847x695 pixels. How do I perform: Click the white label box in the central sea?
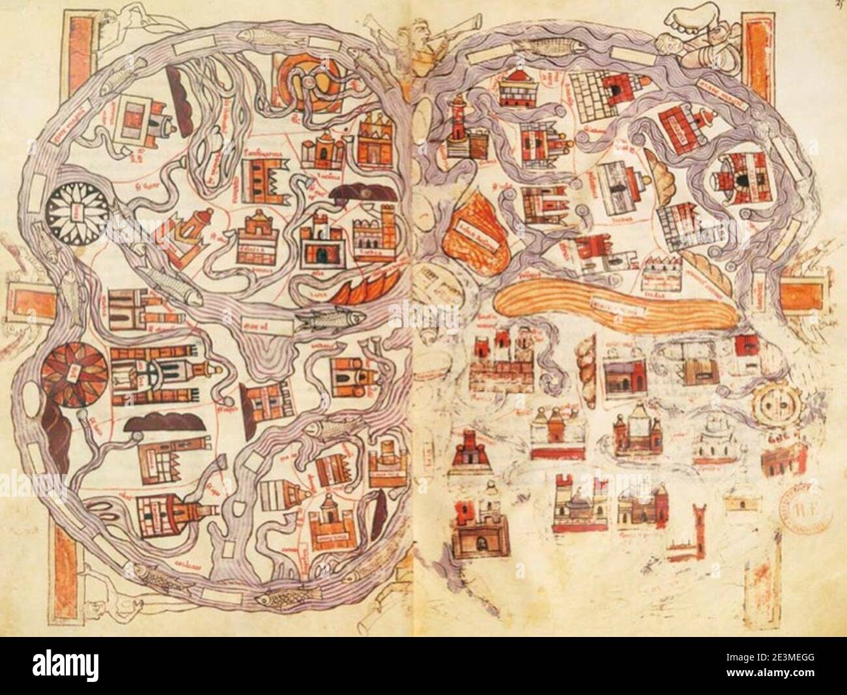coord(257,322)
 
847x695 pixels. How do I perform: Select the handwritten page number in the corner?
coord(839,5)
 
